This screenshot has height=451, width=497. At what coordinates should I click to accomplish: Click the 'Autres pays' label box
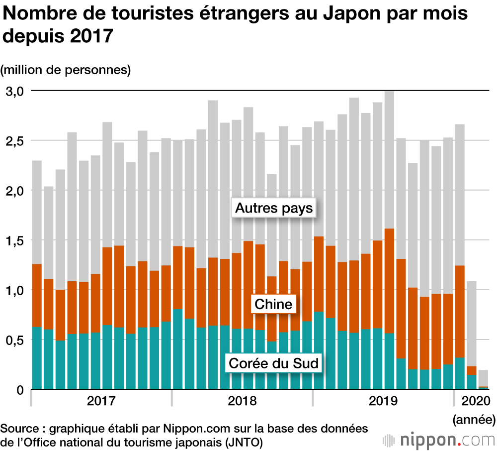(274, 208)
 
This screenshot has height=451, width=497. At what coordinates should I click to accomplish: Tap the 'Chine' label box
(273, 304)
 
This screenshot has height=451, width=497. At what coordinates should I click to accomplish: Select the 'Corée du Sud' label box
(273, 363)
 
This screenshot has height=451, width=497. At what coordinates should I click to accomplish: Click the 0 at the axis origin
(20, 390)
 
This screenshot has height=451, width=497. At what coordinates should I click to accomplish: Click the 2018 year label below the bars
(242, 401)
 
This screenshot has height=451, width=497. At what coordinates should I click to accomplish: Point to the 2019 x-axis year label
(383, 401)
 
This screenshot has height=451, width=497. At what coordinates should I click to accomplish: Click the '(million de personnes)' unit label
(66, 70)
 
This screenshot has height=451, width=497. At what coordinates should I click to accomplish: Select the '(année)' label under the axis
(474, 420)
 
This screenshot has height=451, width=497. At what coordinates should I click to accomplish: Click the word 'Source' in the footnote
(18, 429)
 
